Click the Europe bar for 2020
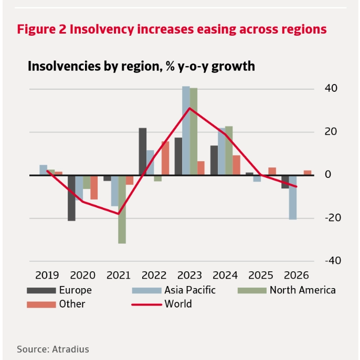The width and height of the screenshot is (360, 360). (x=71, y=198)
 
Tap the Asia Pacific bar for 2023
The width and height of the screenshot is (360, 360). (x=186, y=131)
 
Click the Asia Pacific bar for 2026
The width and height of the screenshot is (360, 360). (x=293, y=197)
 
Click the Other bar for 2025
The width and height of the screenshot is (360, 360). (x=272, y=171)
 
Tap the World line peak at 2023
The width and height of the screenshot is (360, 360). (x=189, y=108)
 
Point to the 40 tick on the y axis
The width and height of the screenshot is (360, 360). (x=331, y=88)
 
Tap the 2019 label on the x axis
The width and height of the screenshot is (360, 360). (x=47, y=275)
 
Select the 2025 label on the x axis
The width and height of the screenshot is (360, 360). (x=261, y=275)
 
